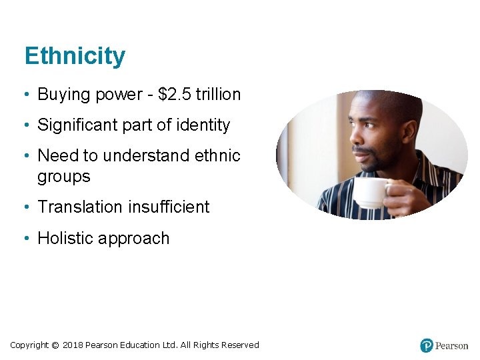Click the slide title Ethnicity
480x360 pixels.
[x=74, y=56]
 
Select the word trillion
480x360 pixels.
[x=219, y=95]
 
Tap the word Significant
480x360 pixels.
[x=74, y=125]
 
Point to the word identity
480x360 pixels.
[x=205, y=125]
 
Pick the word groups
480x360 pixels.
[x=63, y=177]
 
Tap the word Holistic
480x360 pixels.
[x=65, y=239]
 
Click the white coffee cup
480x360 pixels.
[x=370, y=193]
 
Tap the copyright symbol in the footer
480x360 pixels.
[x=55, y=345]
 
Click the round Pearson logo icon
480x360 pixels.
[x=427, y=345]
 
